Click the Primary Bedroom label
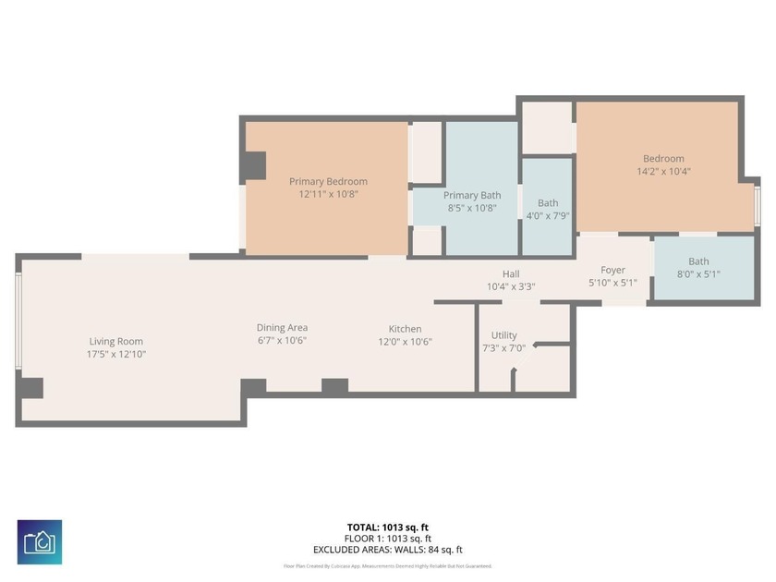328,181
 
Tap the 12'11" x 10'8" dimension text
328,194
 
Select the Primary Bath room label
472,195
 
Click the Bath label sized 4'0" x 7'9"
548,203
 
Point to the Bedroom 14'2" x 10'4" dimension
663,171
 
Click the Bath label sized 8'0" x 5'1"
698,261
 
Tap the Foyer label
612,270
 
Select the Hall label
511,273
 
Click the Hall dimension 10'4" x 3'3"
511,286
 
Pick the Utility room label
503,335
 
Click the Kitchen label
405,329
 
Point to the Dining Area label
282,327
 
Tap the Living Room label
116,341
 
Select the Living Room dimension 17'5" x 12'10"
116,354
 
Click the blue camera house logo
40,542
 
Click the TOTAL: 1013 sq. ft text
387,527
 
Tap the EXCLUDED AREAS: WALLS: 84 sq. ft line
387,550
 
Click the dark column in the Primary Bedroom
252,166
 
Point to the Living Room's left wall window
18,319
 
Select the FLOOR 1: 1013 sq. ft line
387,539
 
